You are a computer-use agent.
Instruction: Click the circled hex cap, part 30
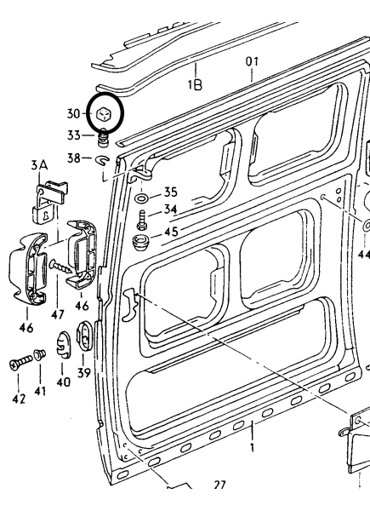pyautogui.click(x=105, y=114)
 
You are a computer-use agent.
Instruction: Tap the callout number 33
pyautogui.click(x=74, y=135)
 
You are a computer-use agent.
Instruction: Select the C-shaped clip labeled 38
pyautogui.click(x=102, y=160)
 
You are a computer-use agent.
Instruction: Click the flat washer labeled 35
pyautogui.click(x=141, y=198)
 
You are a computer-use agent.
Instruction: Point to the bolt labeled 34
pyautogui.click(x=142, y=220)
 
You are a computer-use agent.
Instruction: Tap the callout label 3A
pyautogui.click(x=39, y=165)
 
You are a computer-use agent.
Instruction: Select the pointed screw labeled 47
pyautogui.click(x=60, y=267)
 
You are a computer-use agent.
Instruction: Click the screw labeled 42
pyautogui.click(x=20, y=363)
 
